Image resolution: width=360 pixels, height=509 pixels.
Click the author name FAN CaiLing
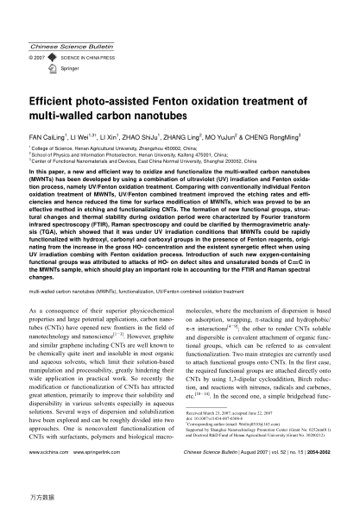point(48,137)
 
